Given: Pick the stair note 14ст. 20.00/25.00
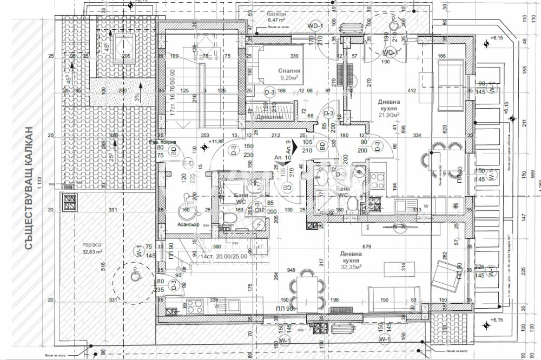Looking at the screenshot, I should (x=224, y=256).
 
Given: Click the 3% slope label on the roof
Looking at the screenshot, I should (x=137, y=98).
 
